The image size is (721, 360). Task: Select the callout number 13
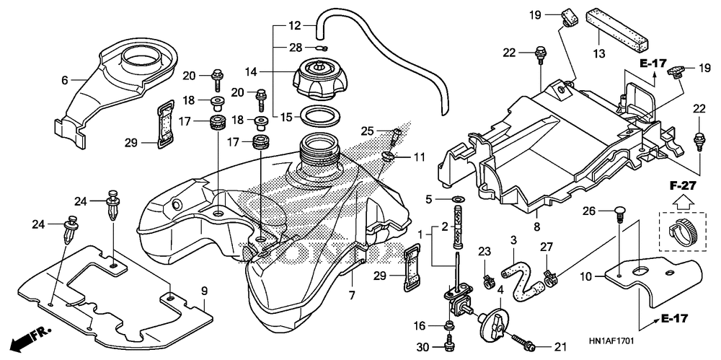tap(598, 54)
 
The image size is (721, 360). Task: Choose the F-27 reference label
tap(682, 186)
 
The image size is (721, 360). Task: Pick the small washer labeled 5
tap(459, 199)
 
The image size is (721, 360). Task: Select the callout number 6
tap(64, 81)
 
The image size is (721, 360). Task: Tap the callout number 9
tap(204, 291)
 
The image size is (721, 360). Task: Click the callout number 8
tap(536, 227)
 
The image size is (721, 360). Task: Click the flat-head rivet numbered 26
tap(619, 215)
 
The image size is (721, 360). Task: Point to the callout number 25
tap(366, 131)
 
